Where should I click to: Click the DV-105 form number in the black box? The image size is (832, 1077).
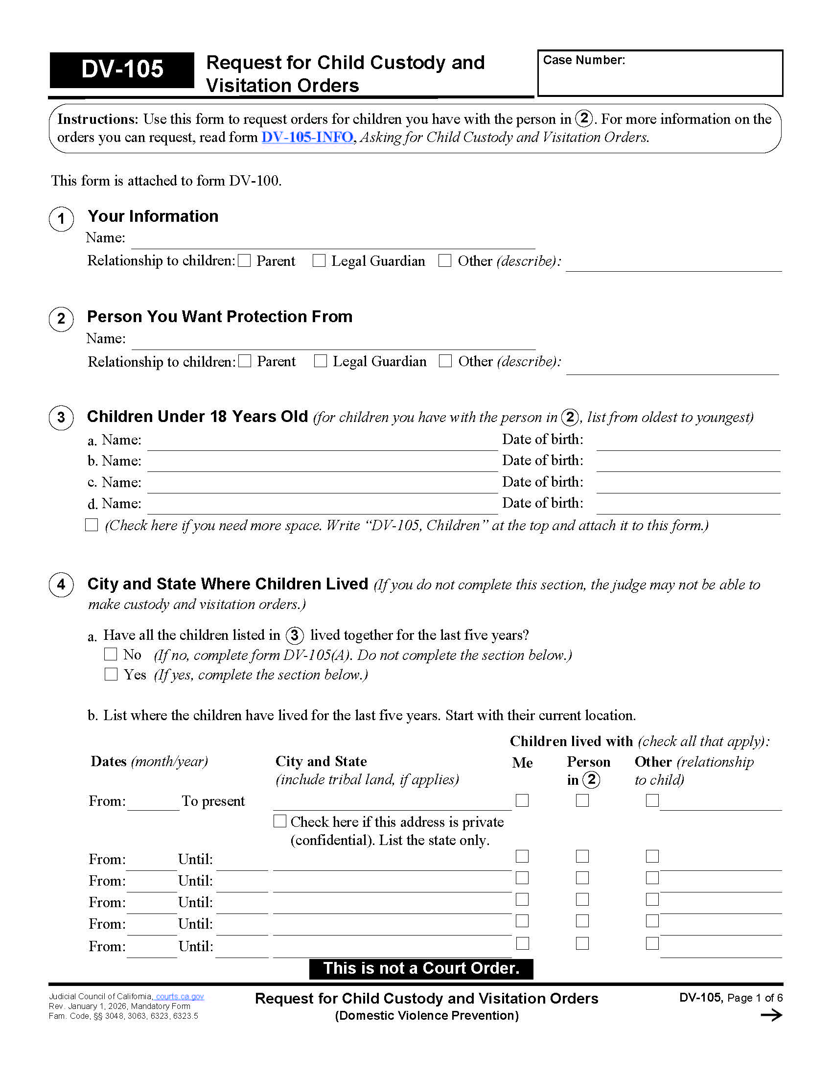pos(122,69)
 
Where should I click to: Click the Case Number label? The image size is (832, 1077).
pos(583,60)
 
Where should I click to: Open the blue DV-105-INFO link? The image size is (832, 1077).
pos(306,137)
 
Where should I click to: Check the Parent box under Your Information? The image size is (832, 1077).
pos(245,260)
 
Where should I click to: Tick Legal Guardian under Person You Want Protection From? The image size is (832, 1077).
pos(321,361)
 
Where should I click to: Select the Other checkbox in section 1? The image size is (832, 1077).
pos(444,260)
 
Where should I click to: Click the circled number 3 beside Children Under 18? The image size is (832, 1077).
pos(61,417)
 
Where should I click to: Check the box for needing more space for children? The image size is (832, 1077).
pos(92,525)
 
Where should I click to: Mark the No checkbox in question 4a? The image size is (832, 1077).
pos(111,655)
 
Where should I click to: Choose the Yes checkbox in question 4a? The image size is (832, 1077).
pos(111,674)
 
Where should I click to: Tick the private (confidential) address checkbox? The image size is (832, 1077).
pos(280,821)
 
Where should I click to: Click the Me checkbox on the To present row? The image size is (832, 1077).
pos(522,800)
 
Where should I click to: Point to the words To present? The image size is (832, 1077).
pos(213,801)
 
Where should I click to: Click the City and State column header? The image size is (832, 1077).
pos(321,761)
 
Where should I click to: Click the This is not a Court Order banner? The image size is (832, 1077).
pos(421,968)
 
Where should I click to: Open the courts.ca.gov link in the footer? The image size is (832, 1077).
pos(180,996)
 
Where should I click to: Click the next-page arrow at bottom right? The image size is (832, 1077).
pos(771,1015)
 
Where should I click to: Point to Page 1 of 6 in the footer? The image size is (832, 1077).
pos(755,998)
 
